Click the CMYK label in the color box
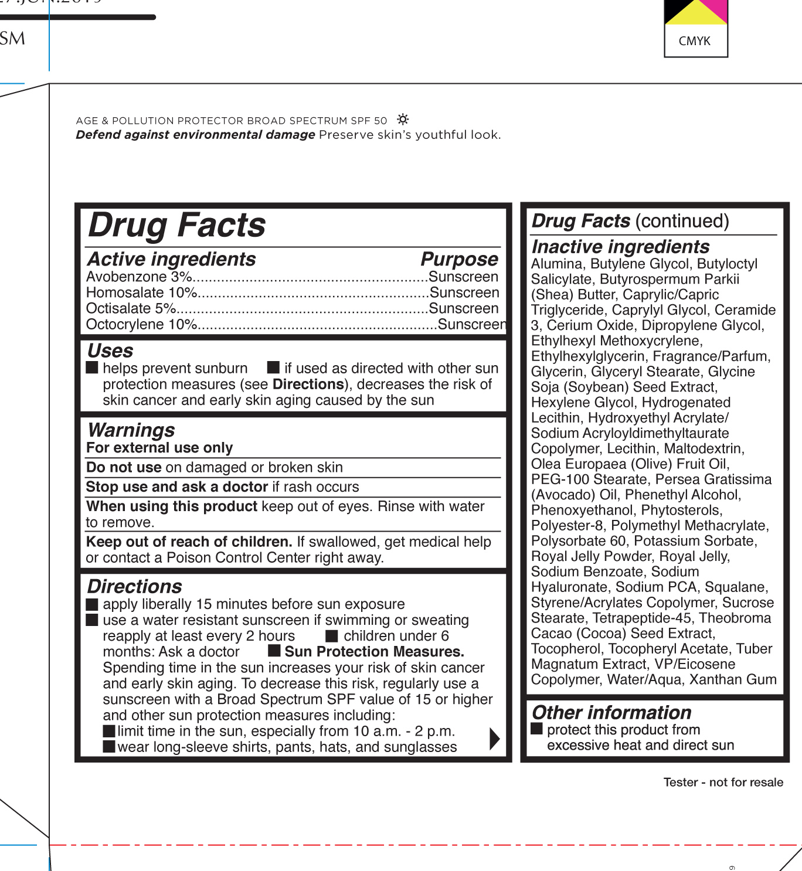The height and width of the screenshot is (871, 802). coord(695,41)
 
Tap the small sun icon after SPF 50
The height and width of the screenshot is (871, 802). coord(403,120)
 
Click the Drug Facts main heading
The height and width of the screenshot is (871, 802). coord(177,226)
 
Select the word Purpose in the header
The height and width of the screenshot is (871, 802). coord(459,259)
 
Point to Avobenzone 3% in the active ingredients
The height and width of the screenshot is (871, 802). coord(139,277)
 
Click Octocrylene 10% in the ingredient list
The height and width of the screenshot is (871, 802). coord(141,324)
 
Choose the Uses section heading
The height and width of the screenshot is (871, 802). coord(110,351)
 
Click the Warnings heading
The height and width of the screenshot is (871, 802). coord(131,430)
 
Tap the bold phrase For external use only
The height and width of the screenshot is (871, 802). coord(159,448)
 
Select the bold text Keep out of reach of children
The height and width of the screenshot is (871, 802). coord(189,542)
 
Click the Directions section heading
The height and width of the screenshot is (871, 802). coord(135,587)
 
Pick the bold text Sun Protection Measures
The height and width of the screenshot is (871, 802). coord(374,652)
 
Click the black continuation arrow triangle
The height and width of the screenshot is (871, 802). coord(494,739)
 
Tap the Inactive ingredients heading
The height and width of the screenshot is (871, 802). coord(620,247)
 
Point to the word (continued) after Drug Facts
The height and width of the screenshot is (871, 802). coord(682,221)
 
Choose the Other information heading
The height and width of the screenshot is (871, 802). coord(611,713)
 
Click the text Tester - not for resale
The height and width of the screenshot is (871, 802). coord(723,782)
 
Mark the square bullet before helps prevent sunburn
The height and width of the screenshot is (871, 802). coord(92,368)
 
